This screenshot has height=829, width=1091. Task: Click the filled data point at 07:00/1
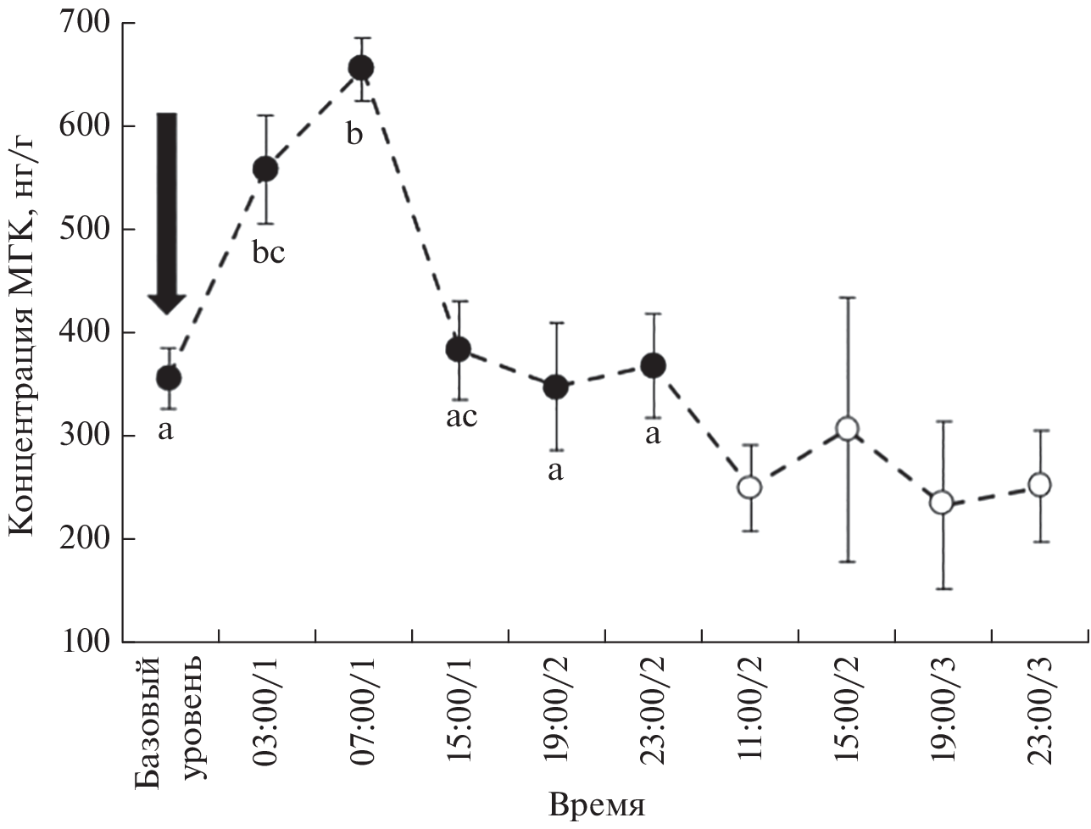[x=361, y=68]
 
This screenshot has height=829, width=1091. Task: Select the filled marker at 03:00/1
[x=265, y=170]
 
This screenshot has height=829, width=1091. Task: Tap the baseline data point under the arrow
[x=169, y=377]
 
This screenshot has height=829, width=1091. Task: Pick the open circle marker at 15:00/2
[x=847, y=428]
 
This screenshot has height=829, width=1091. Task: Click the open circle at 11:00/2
[x=749, y=487]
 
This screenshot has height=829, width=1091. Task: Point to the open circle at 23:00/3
[x=1039, y=485]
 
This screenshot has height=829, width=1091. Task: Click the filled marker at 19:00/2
[x=555, y=387]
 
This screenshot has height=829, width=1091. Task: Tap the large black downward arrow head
[x=168, y=302]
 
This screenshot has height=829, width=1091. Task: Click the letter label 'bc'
[x=267, y=253]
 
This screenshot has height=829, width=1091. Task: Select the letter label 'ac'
[x=461, y=417]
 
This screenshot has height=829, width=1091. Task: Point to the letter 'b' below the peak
[x=355, y=134]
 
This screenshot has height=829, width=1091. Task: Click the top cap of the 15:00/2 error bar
[x=847, y=298]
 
